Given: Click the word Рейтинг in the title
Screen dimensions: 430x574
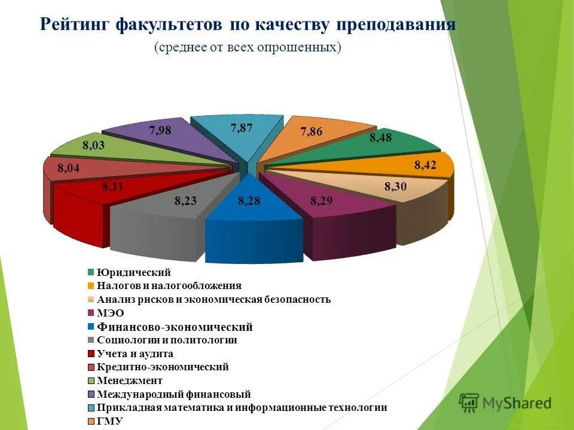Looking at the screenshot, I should pos(74,24).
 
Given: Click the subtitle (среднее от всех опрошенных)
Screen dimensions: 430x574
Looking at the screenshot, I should pos(248,47).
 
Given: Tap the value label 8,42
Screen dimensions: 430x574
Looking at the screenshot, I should pos(425,165).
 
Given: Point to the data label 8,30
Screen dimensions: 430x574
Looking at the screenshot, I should pos(395,186).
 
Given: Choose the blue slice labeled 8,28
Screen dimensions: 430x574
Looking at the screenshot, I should pos(249,209).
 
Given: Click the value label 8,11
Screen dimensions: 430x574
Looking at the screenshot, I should pos(112,186).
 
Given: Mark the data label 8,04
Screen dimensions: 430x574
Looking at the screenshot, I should pos(68,169).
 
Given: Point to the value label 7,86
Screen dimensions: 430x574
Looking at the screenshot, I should pos(312,132).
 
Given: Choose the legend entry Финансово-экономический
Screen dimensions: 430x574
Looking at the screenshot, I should pos(174,327).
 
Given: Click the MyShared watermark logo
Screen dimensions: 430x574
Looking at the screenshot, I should pos(506,403).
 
